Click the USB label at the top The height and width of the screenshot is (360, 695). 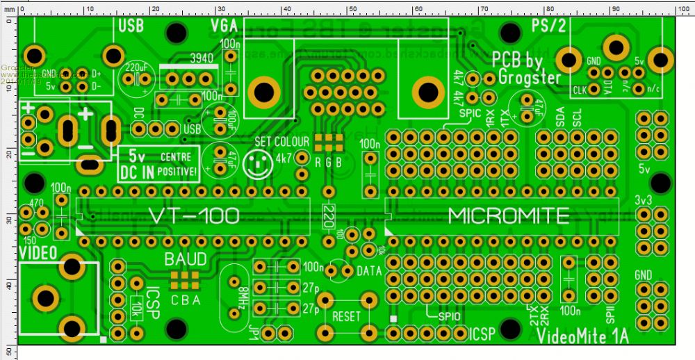[131, 26]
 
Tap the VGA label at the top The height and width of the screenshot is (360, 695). [224, 26]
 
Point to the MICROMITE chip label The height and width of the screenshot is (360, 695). [509, 215]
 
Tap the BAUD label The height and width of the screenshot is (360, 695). [185, 260]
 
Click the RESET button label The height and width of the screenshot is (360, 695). [347, 316]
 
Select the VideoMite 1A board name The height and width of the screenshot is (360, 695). [582, 336]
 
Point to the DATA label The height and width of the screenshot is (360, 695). [368, 270]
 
